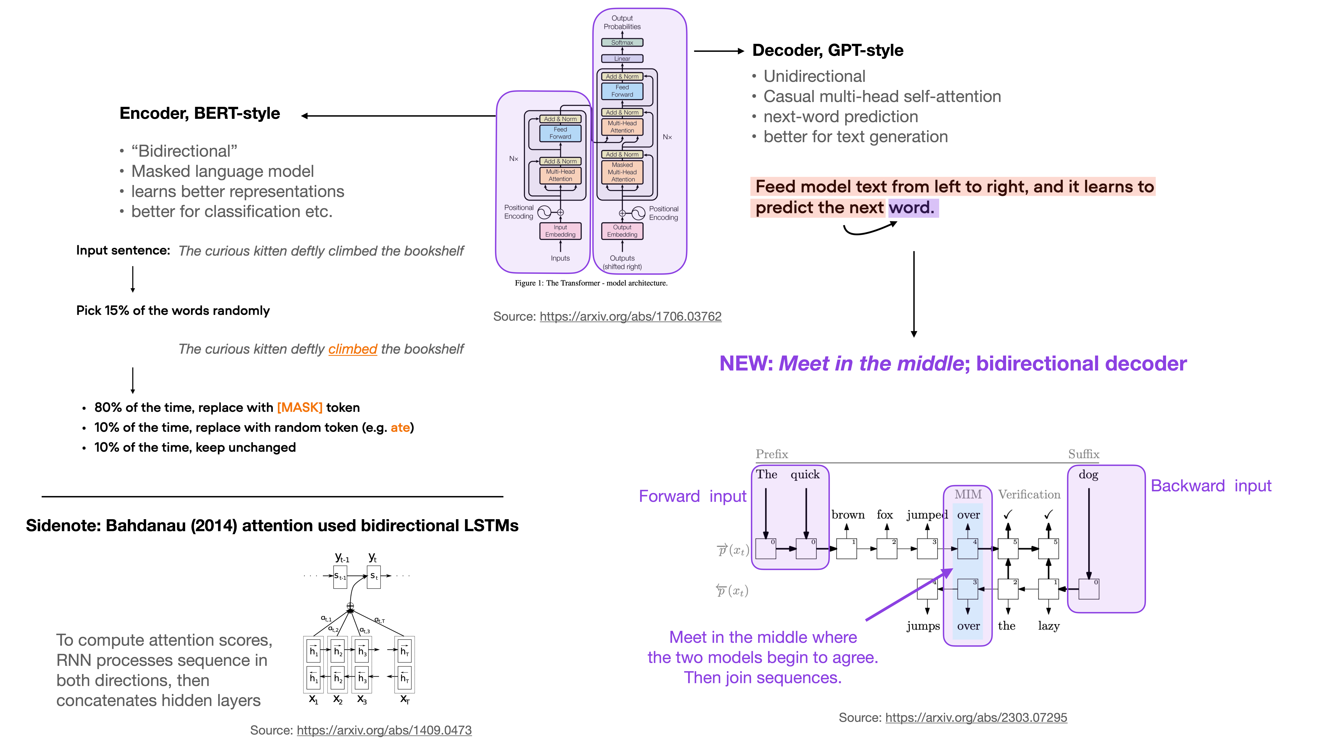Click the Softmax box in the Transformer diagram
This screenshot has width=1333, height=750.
622,42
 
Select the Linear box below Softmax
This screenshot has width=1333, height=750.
622,58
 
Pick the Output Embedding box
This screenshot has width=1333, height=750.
622,231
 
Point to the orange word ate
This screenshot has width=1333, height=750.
400,427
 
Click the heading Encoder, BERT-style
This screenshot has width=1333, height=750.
200,113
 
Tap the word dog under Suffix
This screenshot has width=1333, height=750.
1088,475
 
